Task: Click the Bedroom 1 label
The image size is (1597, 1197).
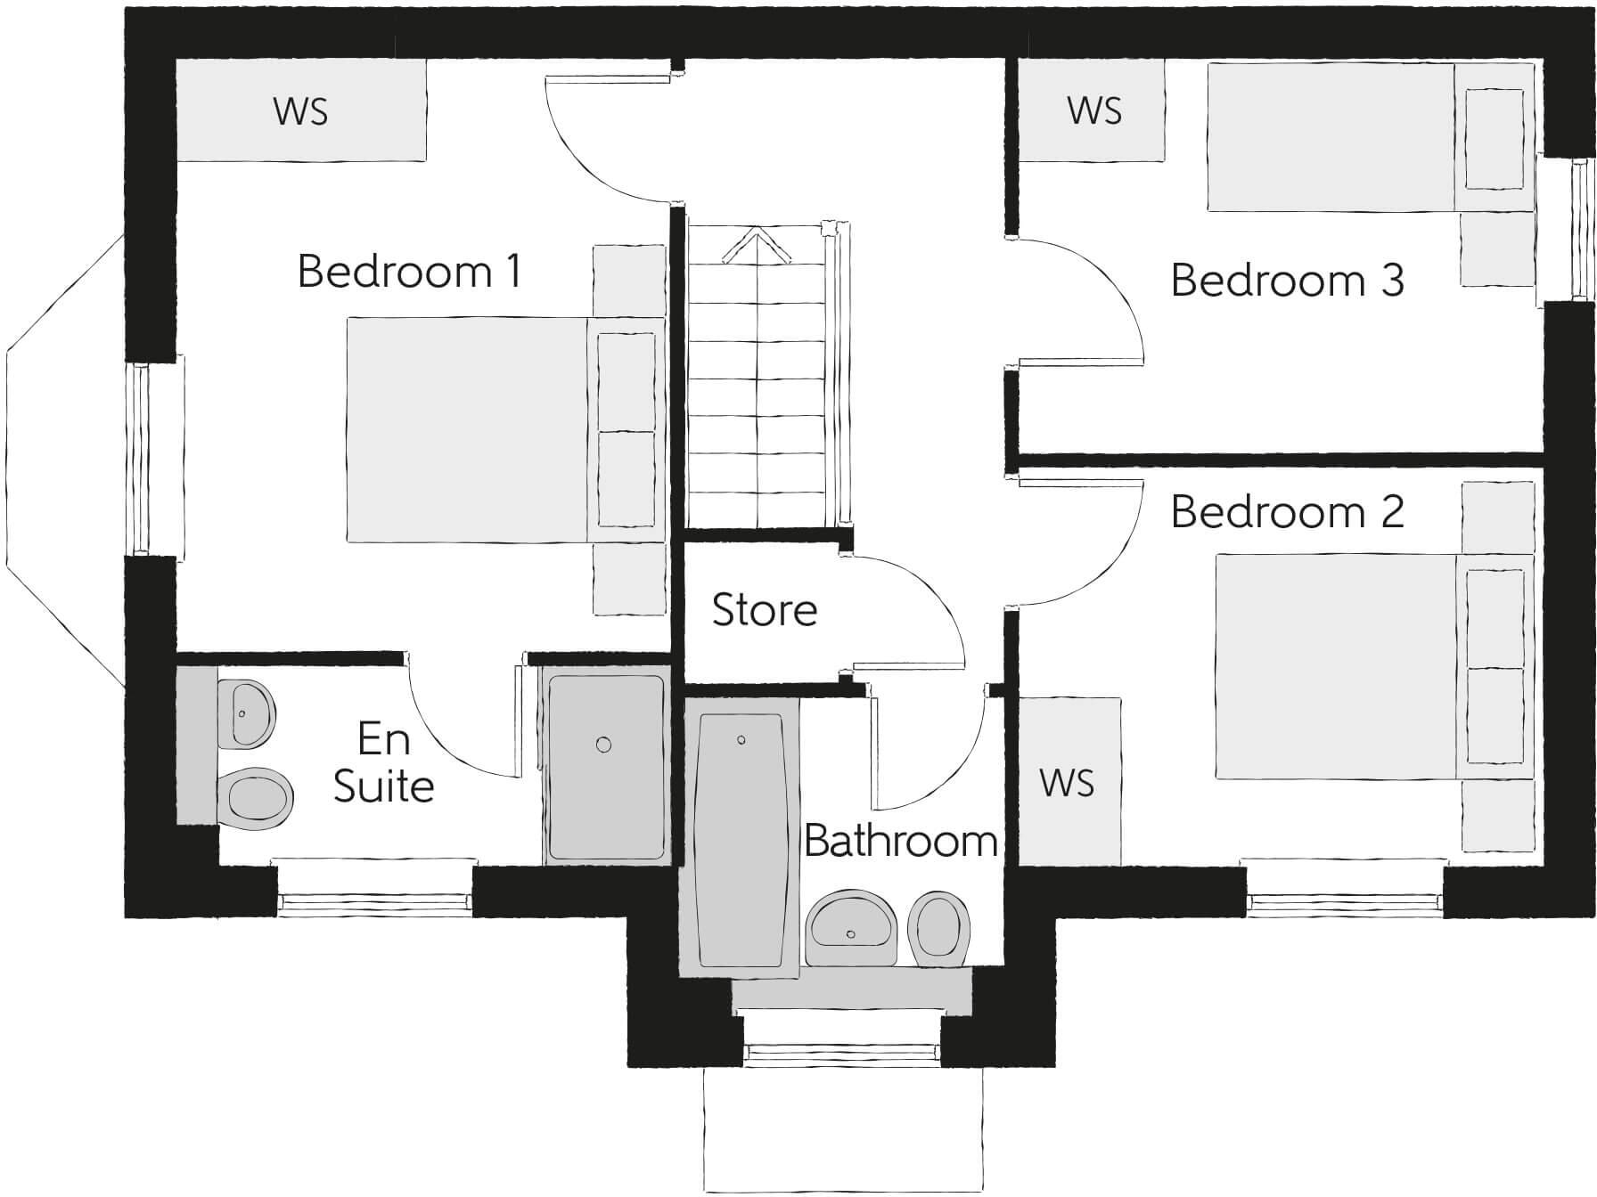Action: click(409, 271)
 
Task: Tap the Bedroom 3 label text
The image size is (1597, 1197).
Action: click(1287, 280)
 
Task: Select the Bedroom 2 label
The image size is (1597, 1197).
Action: click(1287, 511)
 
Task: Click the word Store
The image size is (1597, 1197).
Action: click(764, 610)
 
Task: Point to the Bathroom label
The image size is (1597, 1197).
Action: click(900, 841)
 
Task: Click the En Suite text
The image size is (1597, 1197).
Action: click(383, 763)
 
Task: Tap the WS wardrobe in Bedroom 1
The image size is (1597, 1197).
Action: click(300, 110)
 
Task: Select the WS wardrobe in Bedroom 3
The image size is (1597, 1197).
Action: click(1093, 110)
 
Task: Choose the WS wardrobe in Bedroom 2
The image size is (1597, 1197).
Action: click(1068, 782)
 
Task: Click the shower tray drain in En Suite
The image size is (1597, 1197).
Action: click(604, 745)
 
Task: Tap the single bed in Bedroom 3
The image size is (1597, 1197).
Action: click(1337, 136)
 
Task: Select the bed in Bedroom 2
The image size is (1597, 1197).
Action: click(1346, 666)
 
